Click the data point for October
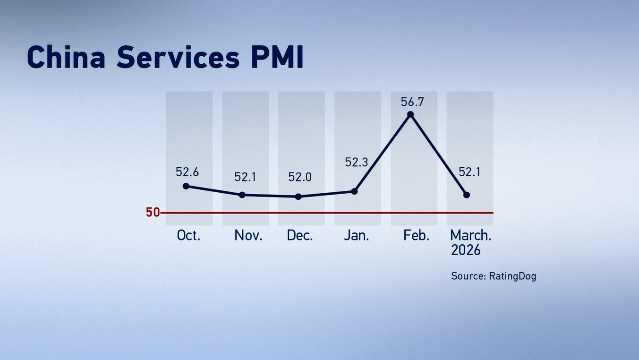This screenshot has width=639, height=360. click(x=186, y=186)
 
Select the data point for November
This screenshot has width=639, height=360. click(x=242, y=195)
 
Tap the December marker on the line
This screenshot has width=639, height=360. click(x=298, y=197)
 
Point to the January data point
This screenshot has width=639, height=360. click(x=355, y=191)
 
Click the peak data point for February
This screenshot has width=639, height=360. click(x=410, y=114)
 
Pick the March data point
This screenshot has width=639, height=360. click(x=467, y=195)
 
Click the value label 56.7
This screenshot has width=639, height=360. click(x=413, y=102)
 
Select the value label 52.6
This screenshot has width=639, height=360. click(x=187, y=172)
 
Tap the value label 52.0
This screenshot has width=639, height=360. click(x=300, y=177)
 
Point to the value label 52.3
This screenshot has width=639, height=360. click(x=356, y=163)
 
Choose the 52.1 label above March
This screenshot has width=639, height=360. click(x=469, y=173)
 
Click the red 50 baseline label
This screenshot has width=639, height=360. click(x=153, y=213)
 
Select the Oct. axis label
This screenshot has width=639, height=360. click(x=188, y=235)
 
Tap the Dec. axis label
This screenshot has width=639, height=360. click(x=300, y=235)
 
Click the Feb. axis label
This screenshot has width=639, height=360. click(x=417, y=235)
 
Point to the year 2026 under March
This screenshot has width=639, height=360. click(x=466, y=250)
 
